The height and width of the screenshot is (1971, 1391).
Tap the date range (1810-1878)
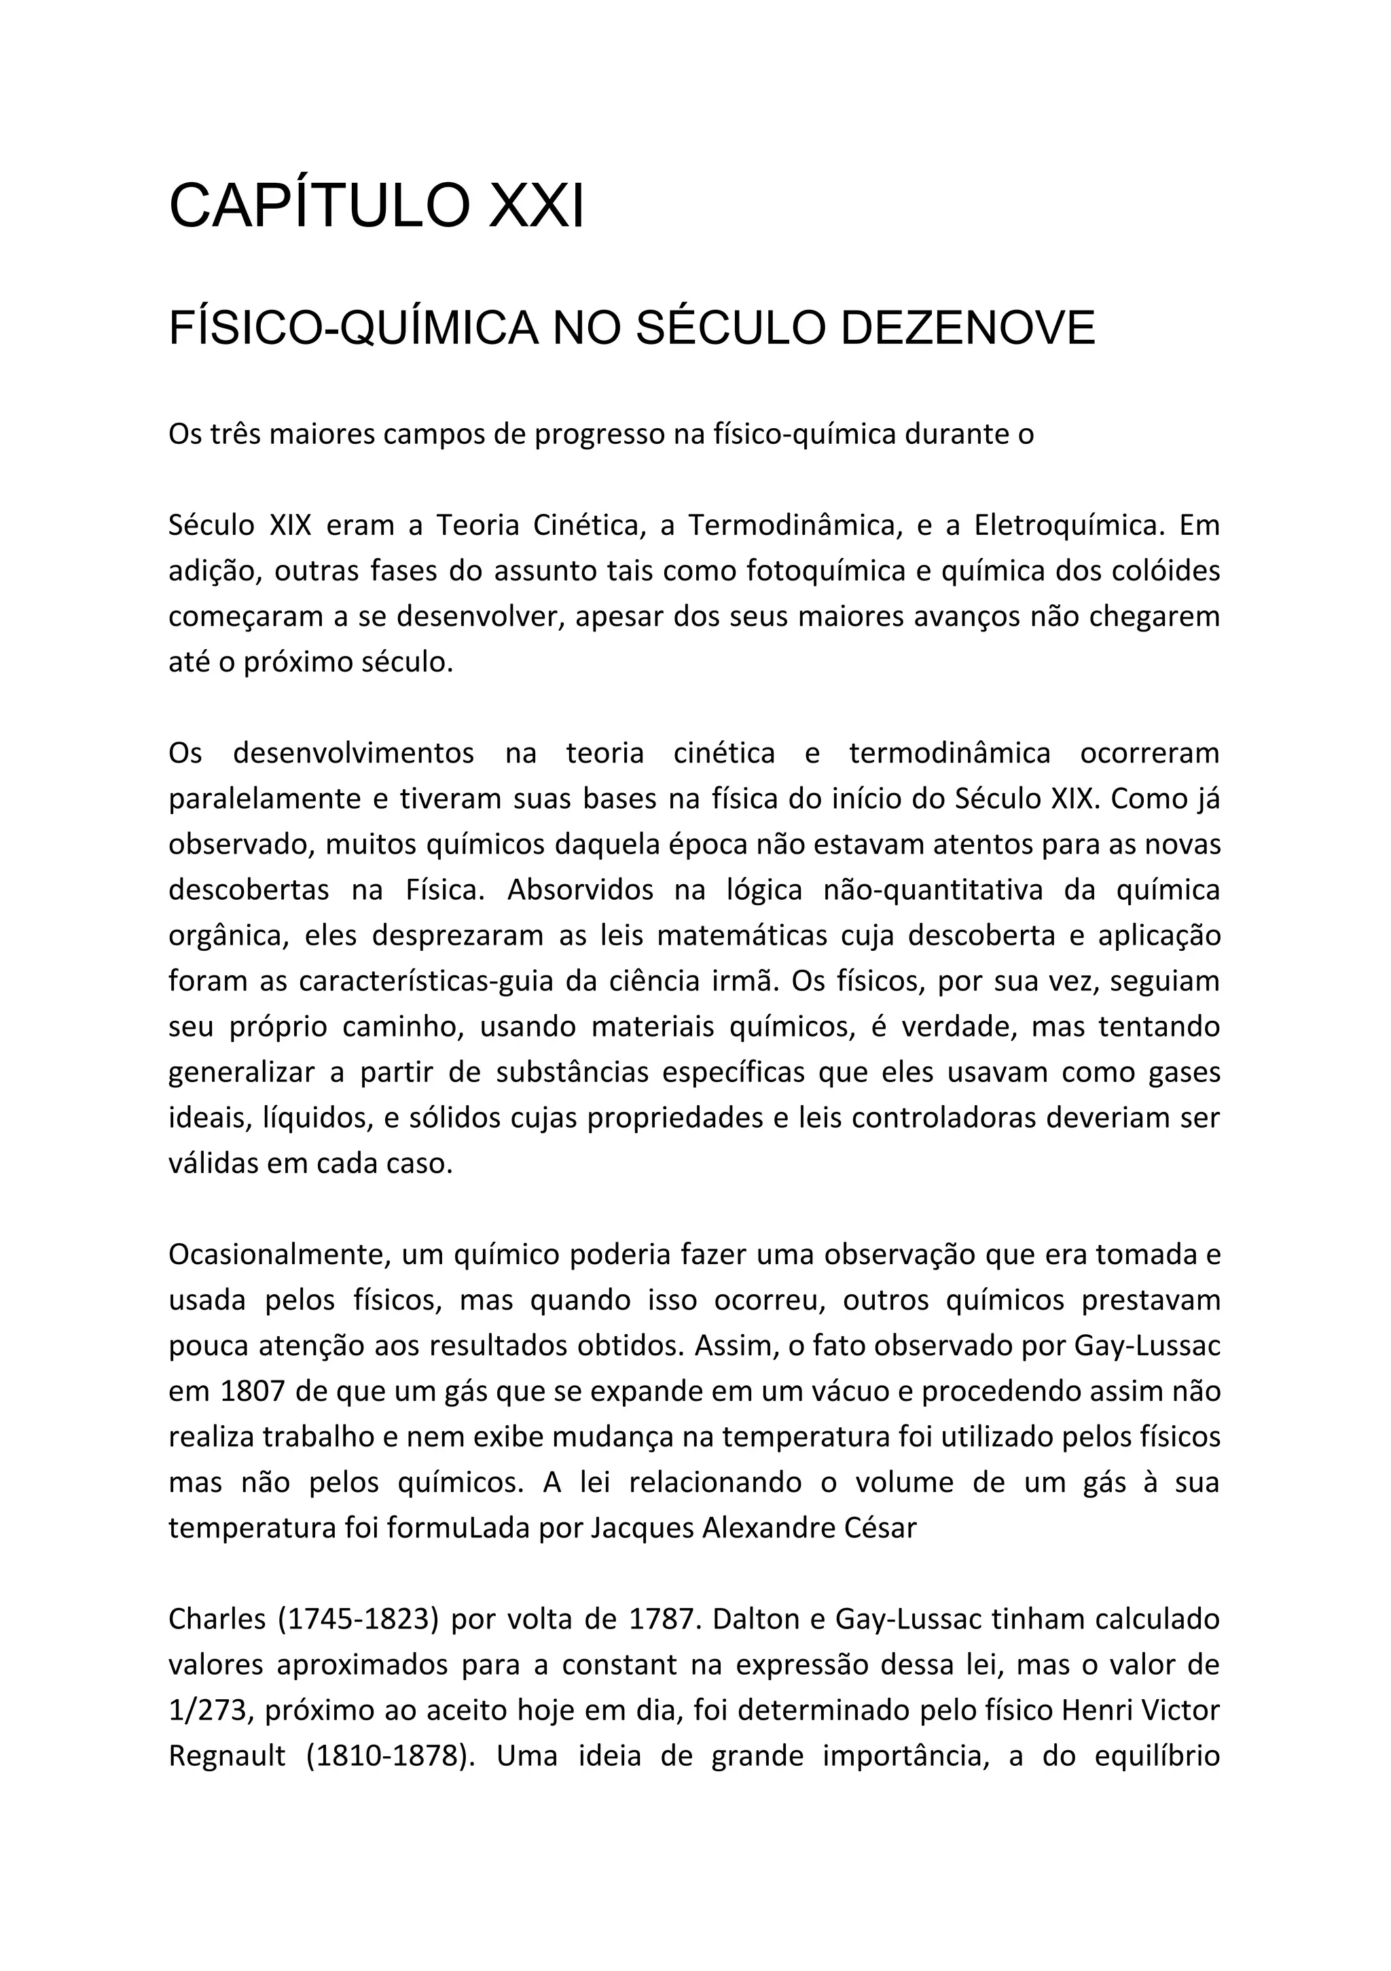coord(391,1756)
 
